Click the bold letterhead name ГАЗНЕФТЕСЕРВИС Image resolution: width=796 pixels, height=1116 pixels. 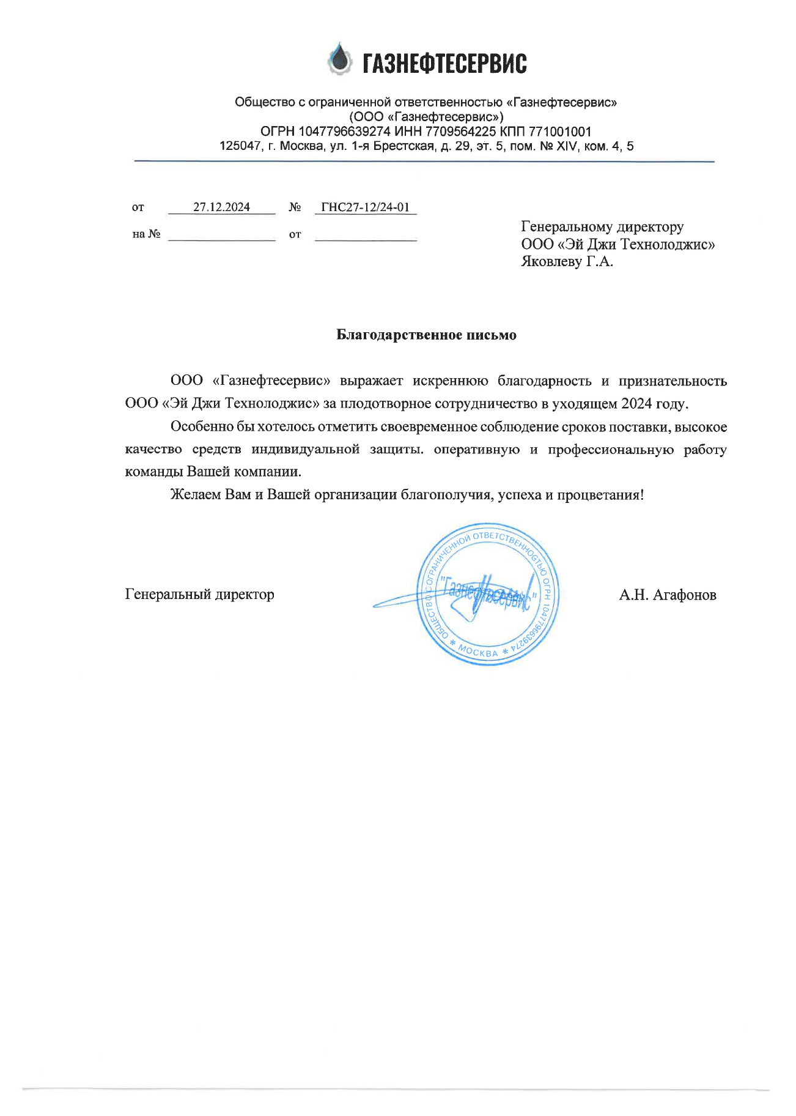[444, 63]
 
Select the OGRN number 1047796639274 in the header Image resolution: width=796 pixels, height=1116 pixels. [344, 132]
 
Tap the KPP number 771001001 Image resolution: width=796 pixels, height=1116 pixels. [560, 132]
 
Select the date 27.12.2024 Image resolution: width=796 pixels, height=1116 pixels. [221, 207]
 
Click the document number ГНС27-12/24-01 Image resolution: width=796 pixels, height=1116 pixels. [365, 207]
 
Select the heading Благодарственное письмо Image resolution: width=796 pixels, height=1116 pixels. [426, 335]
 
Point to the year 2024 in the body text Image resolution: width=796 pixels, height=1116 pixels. [637, 404]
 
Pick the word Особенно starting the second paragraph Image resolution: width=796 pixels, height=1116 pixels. [199, 426]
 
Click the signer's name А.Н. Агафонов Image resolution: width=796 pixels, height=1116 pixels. [667, 595]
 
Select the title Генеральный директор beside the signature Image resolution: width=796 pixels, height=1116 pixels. [199, 594]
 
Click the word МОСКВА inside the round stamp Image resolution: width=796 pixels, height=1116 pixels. [479, 651]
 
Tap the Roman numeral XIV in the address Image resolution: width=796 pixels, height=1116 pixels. [566, 146]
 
